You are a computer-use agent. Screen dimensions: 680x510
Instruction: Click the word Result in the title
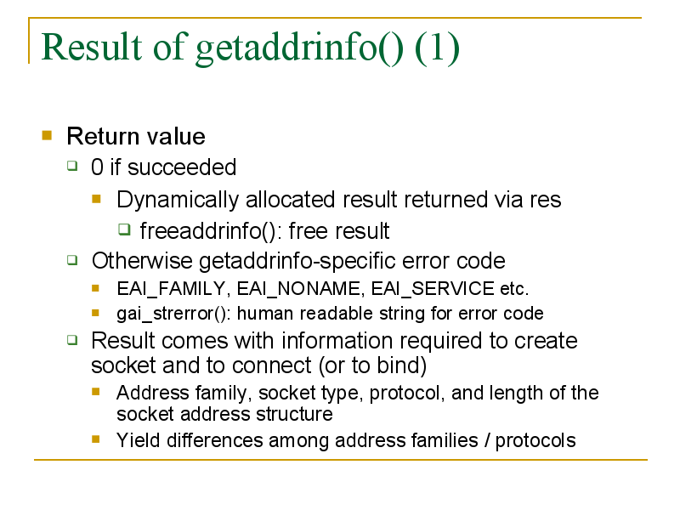(92, 47)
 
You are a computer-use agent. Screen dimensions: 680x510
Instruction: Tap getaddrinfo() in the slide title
(299, 49)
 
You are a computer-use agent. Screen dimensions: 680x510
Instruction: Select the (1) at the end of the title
(437, 48)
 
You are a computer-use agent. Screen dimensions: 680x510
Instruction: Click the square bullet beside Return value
(47, 135)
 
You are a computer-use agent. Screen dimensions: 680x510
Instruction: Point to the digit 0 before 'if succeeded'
(97, 167)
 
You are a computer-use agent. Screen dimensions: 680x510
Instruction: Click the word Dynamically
(178, 201)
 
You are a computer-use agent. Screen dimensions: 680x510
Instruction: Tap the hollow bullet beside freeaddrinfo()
(124, 229)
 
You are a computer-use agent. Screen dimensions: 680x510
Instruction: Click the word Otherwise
(142, 261)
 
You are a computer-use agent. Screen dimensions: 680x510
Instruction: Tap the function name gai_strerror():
(173, 314)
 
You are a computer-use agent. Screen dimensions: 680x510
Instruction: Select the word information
(337, 341)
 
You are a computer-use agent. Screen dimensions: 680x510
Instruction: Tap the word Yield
(139, 440)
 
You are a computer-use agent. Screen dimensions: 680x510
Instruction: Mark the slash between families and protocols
(487, 440)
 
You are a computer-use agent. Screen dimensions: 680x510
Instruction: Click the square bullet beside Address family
(96, 392)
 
